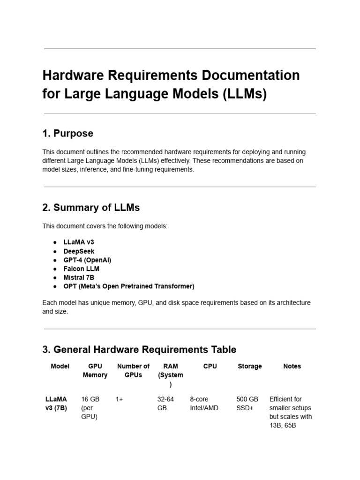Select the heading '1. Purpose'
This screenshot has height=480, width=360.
[x=67, y=134]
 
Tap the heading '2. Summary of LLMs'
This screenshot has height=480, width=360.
[x=91, y=207]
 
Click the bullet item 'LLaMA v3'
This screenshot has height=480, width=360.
[x=75, y=242]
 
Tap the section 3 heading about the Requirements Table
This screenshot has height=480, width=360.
[x=139, y=350]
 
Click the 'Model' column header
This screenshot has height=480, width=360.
[x=60, y=366]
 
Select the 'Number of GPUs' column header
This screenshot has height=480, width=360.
[x=133, y=370]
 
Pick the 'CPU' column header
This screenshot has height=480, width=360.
[x=210, y=366]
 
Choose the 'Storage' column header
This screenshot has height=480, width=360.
[x=249, y=366]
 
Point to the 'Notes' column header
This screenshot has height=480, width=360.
[x=292, y=366]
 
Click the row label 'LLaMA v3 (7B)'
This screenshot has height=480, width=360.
[x=56, y=404]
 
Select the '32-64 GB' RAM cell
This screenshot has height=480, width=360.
[x=165, y=404]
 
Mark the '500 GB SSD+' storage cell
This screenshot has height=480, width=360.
[x=247, y=404]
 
